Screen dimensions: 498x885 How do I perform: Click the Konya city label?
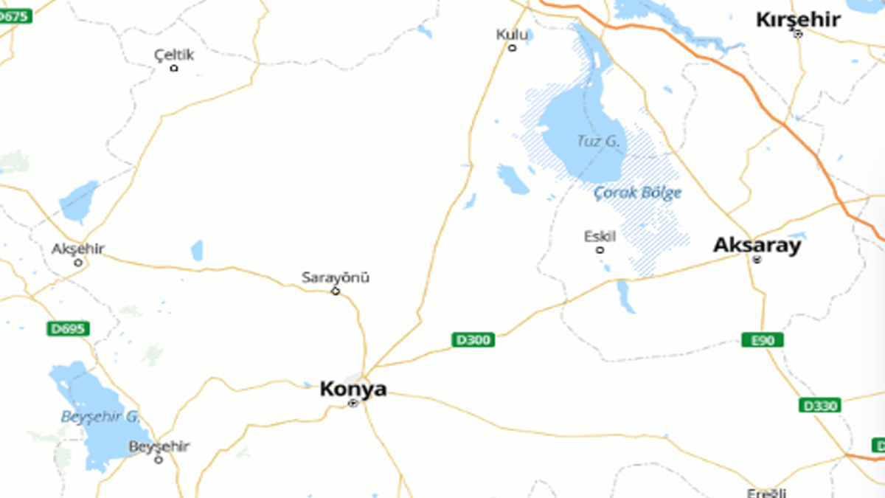click(x=353, y=389)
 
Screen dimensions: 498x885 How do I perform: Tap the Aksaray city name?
click(x=757, y=245)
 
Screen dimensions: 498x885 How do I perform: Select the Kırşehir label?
click(x=798, y=19)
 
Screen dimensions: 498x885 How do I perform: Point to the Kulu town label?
click(x=512, y=34)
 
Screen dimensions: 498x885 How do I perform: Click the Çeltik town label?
click(x=174, y=55)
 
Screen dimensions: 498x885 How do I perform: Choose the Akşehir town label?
click(x=78, y=249)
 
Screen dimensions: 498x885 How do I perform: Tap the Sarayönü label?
click(x=336, y=277)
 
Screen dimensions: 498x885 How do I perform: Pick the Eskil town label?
click(x=600, y=236)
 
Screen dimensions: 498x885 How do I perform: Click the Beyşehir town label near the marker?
click(x=159, y=446)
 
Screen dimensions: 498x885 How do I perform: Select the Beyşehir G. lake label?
click(x=100, y=416)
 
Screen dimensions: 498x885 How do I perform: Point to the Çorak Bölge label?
click(x=638, y=193)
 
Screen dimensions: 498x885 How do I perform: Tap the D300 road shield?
click(x=473, y=339)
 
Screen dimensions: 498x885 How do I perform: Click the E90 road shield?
click(x=763, y=339)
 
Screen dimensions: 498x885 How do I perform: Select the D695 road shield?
click(x=68, y=328)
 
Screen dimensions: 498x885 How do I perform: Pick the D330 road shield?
click(x=819, y=405)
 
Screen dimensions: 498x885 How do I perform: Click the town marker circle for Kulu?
click(x=512, y=48)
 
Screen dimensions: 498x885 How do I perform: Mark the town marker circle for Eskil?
click(x=600, y=249)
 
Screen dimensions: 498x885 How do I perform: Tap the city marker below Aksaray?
click(x=757, y=259)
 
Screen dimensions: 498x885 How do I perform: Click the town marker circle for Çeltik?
click(x=174, y=68)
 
